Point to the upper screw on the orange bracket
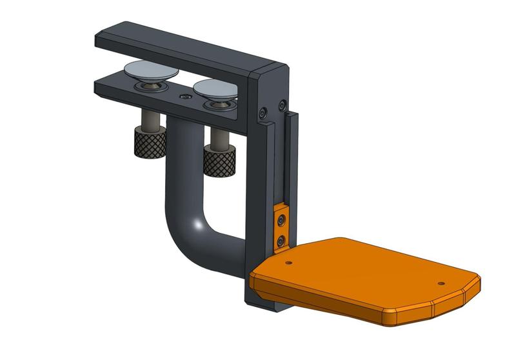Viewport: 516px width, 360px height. [x=281, y=221]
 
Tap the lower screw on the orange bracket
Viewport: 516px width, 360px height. [x=281, y=241]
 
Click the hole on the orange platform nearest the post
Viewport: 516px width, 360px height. [x=288, y=262]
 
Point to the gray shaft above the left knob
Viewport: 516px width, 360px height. [x=150, y=119]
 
